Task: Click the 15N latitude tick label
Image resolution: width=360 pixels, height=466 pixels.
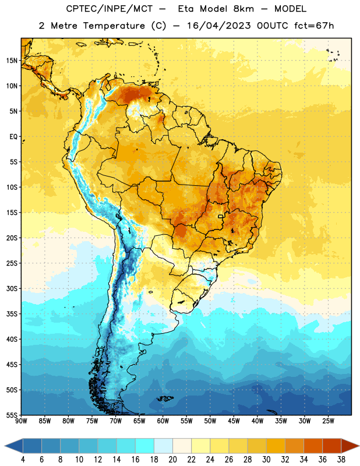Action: click(x=12, y=61)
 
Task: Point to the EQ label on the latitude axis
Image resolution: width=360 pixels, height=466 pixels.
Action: click(x=13, y=137)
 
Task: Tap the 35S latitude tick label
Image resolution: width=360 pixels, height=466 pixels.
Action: click(x=12, y=314)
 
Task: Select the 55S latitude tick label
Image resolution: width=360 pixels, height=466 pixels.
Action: click(x=12, y=415)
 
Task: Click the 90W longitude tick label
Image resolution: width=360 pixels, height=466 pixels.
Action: click(x=21, y=421)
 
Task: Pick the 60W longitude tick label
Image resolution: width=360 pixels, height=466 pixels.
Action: click(x=163, y=421)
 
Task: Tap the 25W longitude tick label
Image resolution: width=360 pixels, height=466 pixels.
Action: click(x=328, y=421)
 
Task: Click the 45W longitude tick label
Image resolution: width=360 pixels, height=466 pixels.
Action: click(x=234, y=421)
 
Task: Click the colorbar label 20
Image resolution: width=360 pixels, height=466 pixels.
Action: click(x=172, y=460)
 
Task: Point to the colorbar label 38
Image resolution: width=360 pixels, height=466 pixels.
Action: click(x=341, y=460)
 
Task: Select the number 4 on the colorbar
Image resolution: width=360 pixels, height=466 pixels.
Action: click(x=23, y=460)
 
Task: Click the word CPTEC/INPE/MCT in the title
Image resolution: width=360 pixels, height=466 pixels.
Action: click(x=109, y=9)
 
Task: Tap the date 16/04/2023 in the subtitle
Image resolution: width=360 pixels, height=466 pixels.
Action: click(x=218, y=26)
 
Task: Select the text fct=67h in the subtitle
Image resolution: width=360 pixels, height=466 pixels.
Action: click(x=314, y=26)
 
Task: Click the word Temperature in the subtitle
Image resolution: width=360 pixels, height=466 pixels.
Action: click(x=114, y=26)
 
